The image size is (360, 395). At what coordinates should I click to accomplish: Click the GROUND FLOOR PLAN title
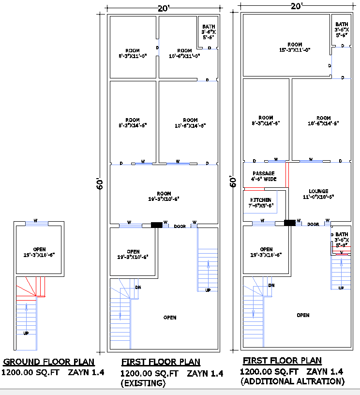(49, 362)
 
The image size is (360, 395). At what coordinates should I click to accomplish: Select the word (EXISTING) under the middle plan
(143, 383)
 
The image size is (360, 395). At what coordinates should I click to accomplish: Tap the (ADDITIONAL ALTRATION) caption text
(292, 381)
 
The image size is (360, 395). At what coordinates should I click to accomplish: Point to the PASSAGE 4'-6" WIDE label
(264, 176)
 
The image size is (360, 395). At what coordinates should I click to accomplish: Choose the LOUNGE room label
(318, 194)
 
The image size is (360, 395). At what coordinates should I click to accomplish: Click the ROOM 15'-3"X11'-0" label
(295, 47)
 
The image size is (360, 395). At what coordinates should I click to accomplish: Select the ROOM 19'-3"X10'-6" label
(164, 197)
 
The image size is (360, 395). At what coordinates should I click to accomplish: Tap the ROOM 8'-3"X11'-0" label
(133, 53)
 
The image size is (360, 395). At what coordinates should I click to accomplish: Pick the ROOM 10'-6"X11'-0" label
(184, 53)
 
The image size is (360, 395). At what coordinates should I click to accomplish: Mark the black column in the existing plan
(157, 225)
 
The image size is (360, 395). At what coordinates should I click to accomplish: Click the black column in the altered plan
(289, 223)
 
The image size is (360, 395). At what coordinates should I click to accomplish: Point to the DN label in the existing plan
(138, 287)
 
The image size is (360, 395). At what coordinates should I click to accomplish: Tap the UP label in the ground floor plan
(26, 333)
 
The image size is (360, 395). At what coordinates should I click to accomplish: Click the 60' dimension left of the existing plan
(100, 184)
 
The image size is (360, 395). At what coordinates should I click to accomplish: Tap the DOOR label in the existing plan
(180, 226)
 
